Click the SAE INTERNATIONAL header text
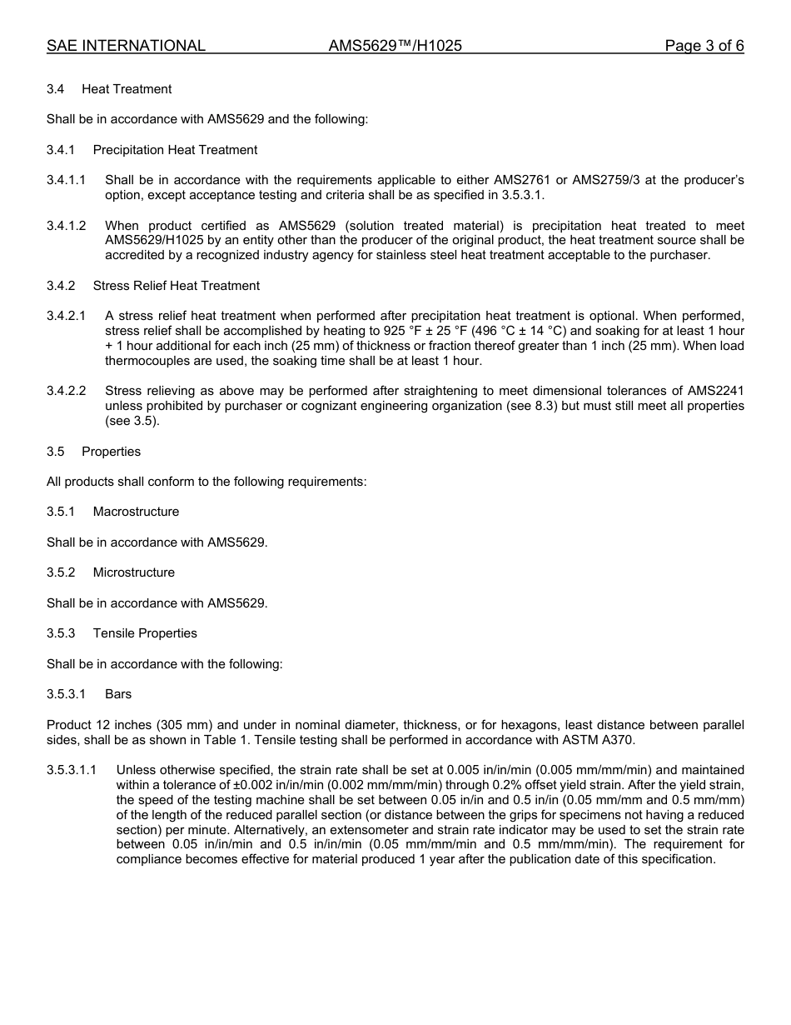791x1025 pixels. click(126, 46)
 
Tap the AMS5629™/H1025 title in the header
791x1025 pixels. click(395, 46)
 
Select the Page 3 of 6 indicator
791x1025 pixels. click(704, 46)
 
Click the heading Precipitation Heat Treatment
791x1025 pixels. click(175, 150)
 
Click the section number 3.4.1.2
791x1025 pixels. click(66, 226)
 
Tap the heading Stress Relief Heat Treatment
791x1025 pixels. click(176, 286)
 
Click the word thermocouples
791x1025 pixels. click(153, 361)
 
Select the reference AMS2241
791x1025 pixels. click(715, 391)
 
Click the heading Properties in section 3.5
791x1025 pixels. click(111, 452)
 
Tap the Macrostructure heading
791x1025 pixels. click(136, 512)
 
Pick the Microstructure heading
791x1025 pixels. click(134, 572)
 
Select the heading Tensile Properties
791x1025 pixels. click(145, 633)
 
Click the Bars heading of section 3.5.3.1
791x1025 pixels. click(118, 694)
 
